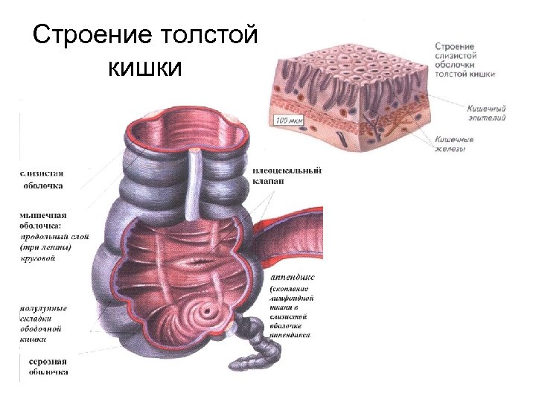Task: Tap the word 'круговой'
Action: [x=37, y=259]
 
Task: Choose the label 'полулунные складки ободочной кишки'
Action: [x=43, y=323]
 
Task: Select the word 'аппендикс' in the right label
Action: [x=290, y=275]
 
